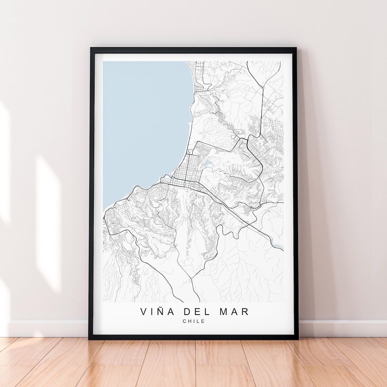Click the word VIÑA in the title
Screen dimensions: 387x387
(x=157, y=311)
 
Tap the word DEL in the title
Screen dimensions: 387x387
(x=194, y=311)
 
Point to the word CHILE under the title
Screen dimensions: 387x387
(x=194, y=321)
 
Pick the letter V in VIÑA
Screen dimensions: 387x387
(x=144, y=311)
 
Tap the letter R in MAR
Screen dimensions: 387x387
(x=245, y=311)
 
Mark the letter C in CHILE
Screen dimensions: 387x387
(x=184, y=321)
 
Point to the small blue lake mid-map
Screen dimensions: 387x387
(x=207, y=164)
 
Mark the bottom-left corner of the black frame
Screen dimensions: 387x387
(x=90, y=338)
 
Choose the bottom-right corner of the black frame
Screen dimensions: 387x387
(x=297, y=338)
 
